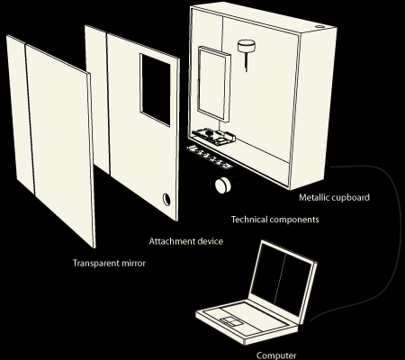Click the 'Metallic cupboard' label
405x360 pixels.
click(334, 198)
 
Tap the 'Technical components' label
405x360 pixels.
click(275, 220)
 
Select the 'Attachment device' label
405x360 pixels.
click(186, 241)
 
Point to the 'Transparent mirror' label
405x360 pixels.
click(109, 264)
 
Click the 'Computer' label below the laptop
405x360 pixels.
click(276, 355)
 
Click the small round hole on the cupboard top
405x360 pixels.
click(319, 26)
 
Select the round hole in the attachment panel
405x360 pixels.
click(166, 199)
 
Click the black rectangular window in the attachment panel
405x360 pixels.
click(155, 90)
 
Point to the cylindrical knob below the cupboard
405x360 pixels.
click(223, 184)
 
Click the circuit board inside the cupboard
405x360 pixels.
click(213, 137)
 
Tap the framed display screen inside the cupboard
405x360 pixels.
click(214, 85)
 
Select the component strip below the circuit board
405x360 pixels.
click(209, 157)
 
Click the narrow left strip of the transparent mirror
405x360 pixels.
click(20, 115)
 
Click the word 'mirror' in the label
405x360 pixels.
click(133, 264)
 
